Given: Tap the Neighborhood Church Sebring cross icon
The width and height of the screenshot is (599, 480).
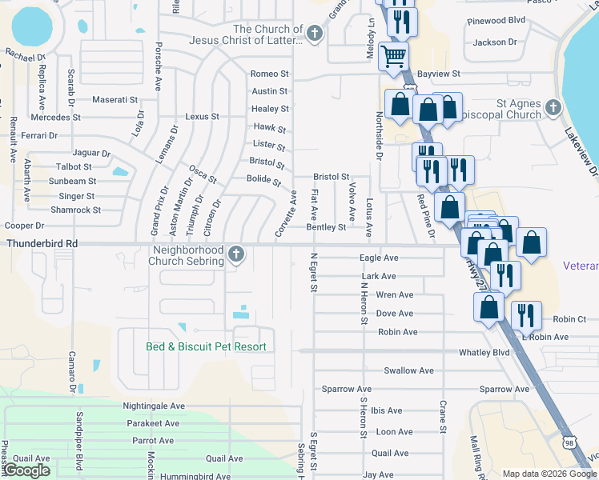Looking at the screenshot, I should point(235,254).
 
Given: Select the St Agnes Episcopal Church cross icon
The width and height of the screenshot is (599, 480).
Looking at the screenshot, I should point(553,107).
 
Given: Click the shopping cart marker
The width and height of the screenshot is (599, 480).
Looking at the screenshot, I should point(392,57).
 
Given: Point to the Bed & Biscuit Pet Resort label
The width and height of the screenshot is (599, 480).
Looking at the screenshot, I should point(206,346).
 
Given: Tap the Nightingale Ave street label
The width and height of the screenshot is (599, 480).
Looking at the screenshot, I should point(155,406).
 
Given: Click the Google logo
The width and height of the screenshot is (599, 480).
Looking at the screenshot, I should point(28,470).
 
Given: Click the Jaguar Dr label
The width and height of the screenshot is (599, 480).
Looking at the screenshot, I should point(90,153).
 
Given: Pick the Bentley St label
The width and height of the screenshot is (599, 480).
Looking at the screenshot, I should point(326,227).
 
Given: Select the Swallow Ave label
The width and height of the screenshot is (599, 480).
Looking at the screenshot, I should point(408,370).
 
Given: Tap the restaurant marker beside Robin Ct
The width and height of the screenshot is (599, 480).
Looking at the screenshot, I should point(526,314).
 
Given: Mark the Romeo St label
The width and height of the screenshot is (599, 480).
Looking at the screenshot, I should point(269,74).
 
